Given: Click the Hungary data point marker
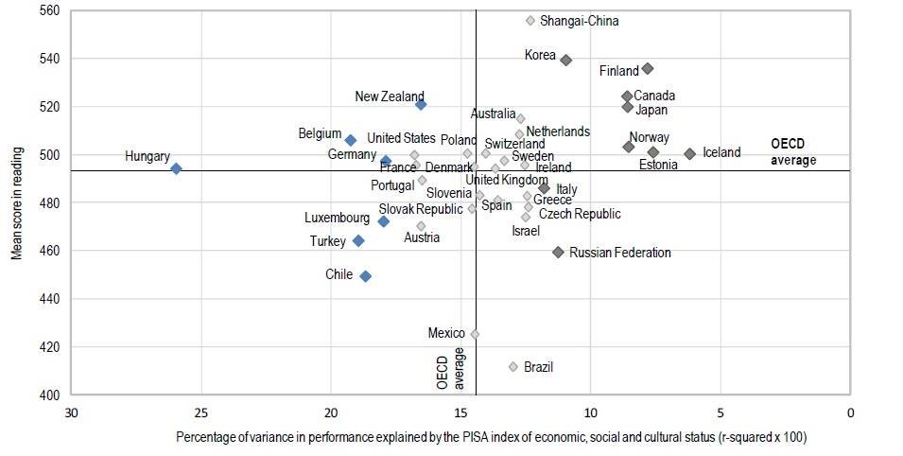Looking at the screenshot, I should pyautogui.click(x=176, y=168).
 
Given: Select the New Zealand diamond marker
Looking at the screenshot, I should pyautogui.click(x=421, y=104).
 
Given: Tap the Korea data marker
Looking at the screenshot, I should pyautogui.click(x=565, y=60).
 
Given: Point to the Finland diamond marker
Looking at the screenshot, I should pyautogui.click(x=648, y=68).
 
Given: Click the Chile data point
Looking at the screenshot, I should pyautogui.click(x=365, y=276).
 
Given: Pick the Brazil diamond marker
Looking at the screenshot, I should pyautogui.click(x=513, y=367).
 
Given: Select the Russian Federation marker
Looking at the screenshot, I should pyautogui.click(x=558, y=253).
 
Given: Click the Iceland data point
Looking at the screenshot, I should pyautogui.click(x=689, y=153).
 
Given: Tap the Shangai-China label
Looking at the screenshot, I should pyautogui.click(x=580, y=21).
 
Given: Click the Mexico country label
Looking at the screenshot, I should pyautogui.click(x=446, y=333).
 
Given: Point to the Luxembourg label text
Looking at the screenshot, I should pyautogui.click(x=337, y=218).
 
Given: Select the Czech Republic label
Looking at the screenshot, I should pyautogui.click(x=580, y=214).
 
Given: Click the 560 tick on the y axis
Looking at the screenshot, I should pyautogui.click(x=49, y=10).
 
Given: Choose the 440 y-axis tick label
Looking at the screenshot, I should pyautogui.click(x=49, y=299).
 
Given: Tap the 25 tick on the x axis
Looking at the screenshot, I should pyautogui.click(x=200, y=413).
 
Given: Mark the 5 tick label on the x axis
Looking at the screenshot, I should pyautogui.click(x=721, y=413).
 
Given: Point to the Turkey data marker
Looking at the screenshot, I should pyautogui.click(x=358, y=241).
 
